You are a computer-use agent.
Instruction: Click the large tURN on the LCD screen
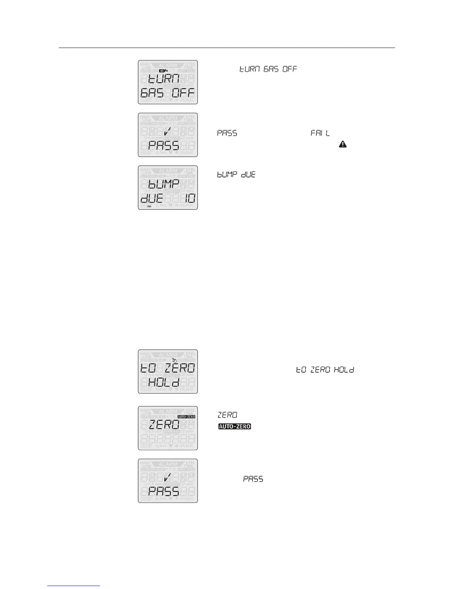coord(164,79)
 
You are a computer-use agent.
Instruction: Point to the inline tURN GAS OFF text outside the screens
coord(268,69)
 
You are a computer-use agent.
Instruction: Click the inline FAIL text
coord(320,133)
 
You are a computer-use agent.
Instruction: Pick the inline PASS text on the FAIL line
coord(227,133)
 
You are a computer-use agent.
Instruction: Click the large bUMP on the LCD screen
coord(164,184)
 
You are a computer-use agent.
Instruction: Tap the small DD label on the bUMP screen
coord(149,206)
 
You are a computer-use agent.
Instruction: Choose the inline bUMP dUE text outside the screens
coord(236,174)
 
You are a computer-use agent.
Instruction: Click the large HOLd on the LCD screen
coord(164,382)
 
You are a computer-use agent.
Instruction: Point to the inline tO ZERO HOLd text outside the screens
coord(325,370)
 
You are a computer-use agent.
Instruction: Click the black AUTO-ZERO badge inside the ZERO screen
coord(186,417)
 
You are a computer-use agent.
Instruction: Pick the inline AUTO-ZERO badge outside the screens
coord(235,426)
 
